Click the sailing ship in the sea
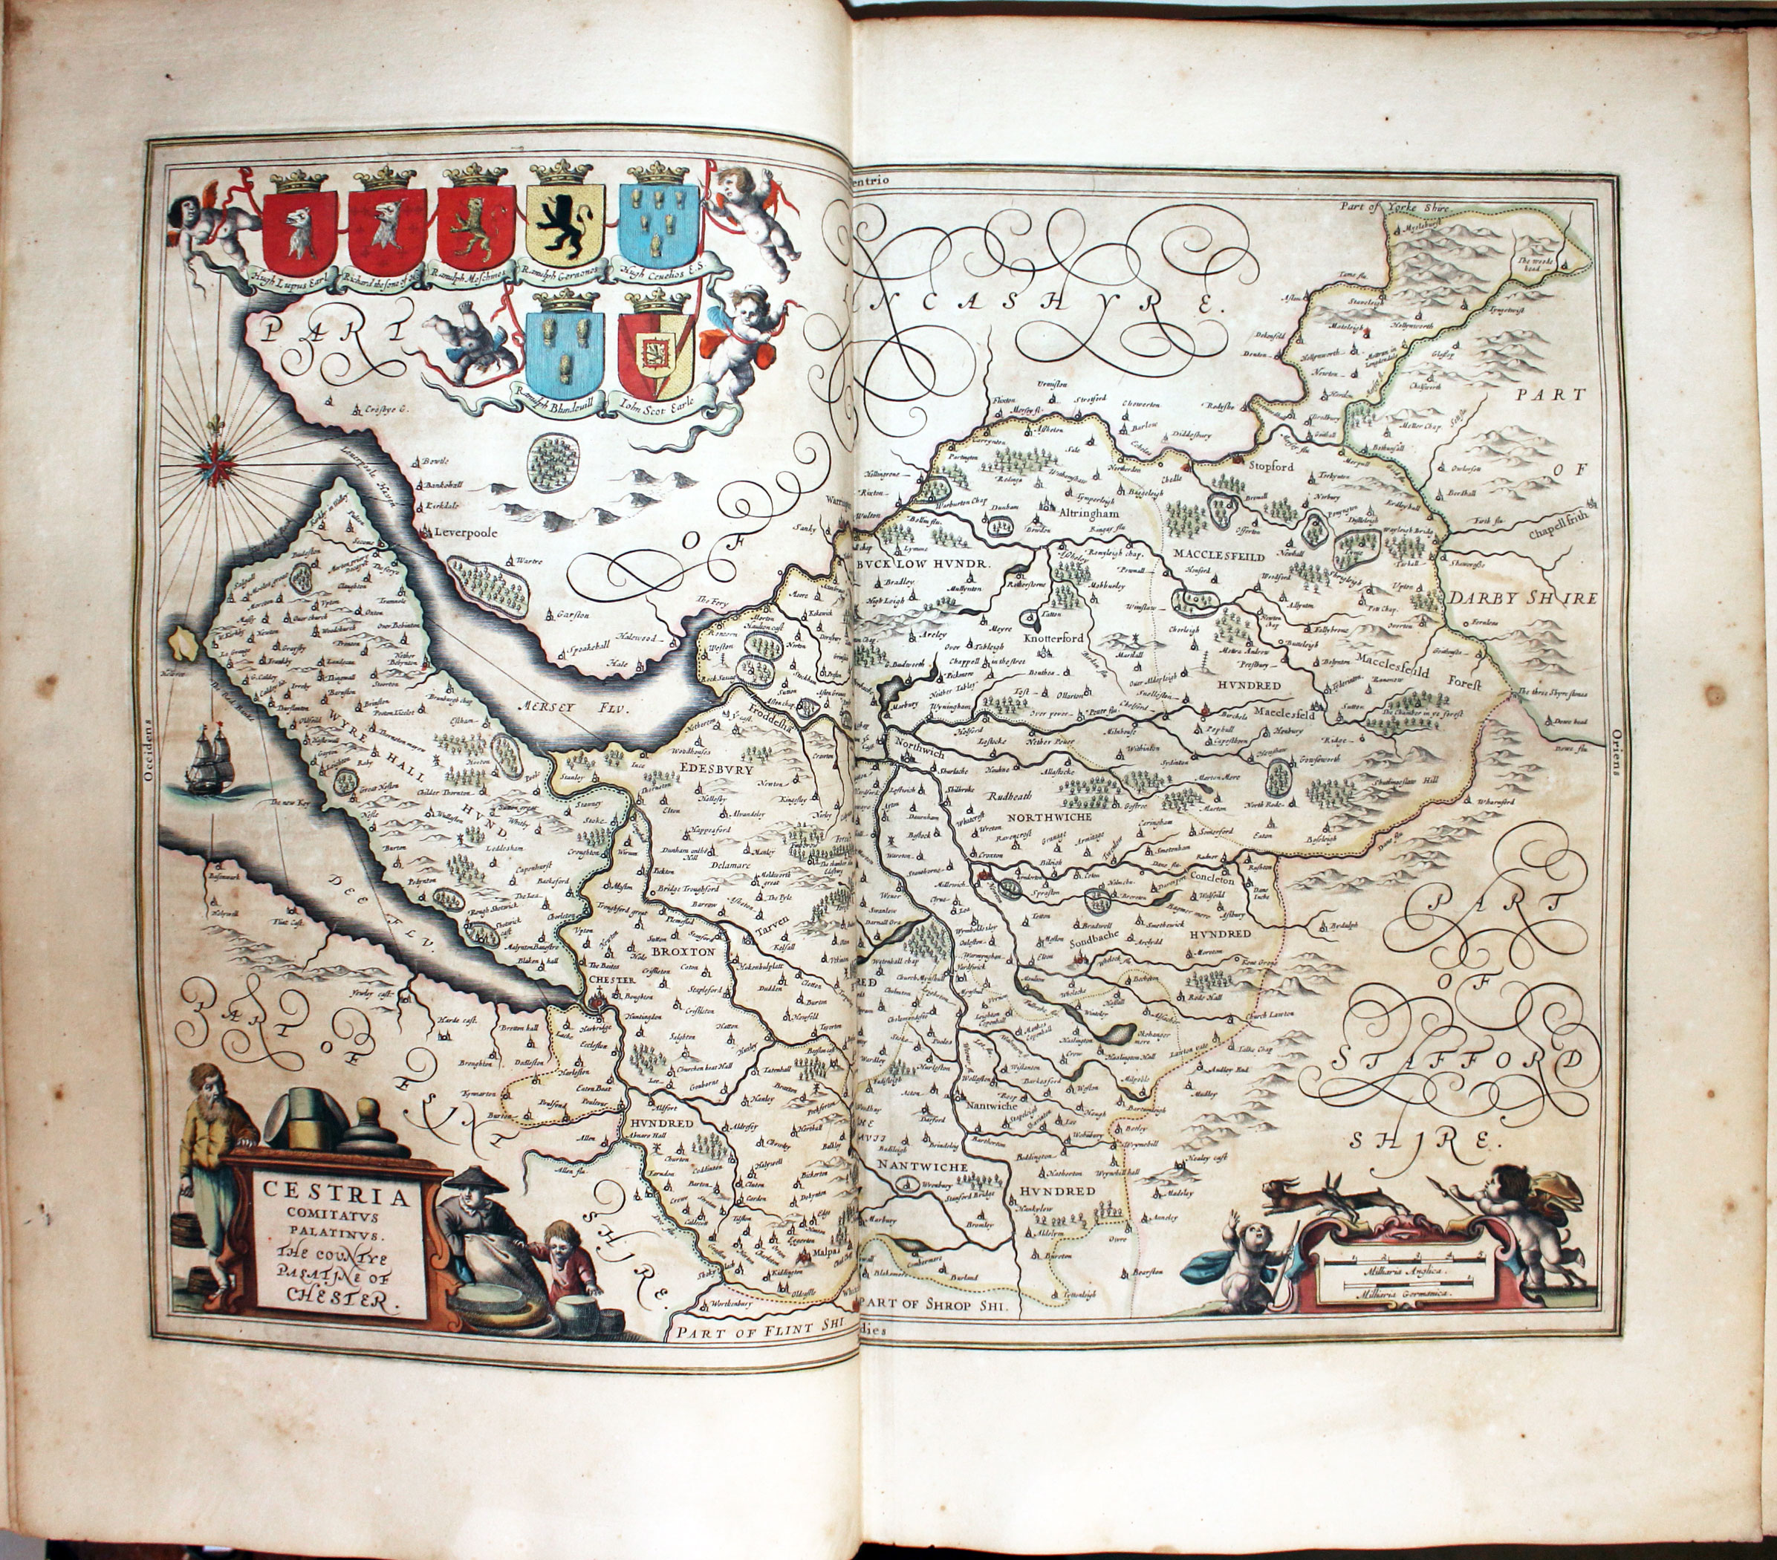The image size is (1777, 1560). pyautogui.click(x=207, y=758)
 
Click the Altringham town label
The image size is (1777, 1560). pyautogui.click(x=1079, y=513)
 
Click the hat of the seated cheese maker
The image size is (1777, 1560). pyautogui.click(x=471, y=1179)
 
